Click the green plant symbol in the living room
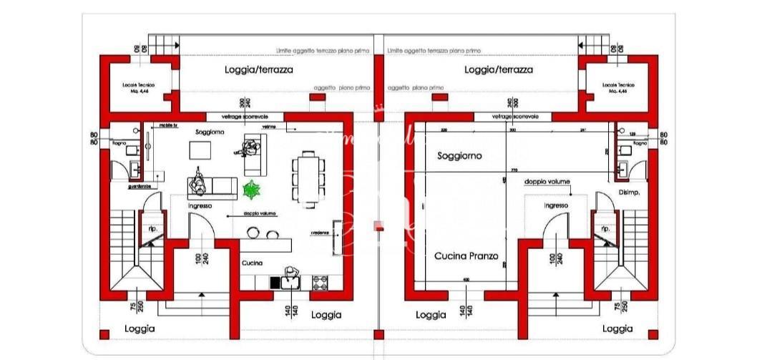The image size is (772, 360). [251, 190]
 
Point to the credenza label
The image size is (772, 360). [319, 233]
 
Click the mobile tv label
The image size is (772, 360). [169, 124]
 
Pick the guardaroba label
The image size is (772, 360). [140, 186]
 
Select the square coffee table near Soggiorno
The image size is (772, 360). [200, 150]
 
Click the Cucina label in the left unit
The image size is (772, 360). [251, 263]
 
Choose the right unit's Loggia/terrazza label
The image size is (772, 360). [499, 70]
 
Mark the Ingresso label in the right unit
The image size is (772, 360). [556, 205]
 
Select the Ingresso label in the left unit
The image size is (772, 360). [200, 206]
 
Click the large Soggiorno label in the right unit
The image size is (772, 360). [459, 155]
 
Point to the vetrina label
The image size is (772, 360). [269, 127]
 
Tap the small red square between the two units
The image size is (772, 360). [379, 228]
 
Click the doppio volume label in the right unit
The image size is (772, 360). [547, 182]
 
